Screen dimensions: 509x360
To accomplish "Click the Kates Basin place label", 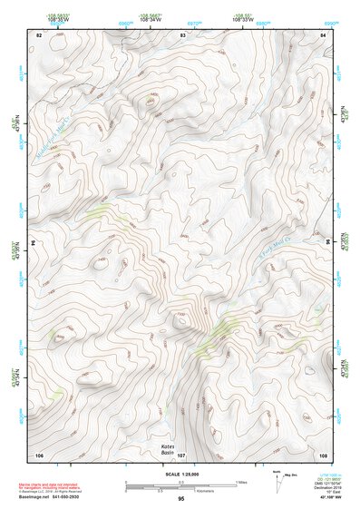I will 167,450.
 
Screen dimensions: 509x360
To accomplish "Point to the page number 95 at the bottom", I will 181,499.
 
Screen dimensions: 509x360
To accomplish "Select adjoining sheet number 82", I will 39,34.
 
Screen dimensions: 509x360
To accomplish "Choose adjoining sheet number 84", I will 323,34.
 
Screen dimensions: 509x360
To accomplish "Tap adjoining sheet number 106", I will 39,454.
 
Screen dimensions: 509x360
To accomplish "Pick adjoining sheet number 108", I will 323,454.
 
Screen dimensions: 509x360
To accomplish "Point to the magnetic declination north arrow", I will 278,482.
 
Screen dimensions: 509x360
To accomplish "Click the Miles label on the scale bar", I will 241,483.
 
